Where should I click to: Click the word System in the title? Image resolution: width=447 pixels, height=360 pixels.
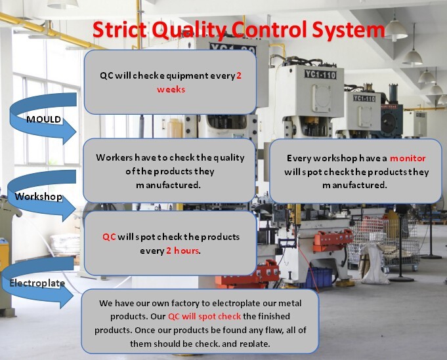(349, 30)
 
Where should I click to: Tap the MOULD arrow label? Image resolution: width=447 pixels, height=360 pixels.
(43, 119)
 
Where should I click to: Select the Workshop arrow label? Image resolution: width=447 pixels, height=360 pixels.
(39, 196)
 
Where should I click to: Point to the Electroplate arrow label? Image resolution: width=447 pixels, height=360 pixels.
(37, 283)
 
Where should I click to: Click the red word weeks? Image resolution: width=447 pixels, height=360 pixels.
(171, 89)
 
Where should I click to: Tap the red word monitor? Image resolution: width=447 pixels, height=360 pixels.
(408, 158)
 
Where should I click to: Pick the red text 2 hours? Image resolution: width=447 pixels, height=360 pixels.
(182, 250)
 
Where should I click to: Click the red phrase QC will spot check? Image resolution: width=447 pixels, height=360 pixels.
(204, 317)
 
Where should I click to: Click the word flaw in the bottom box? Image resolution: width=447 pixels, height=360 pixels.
(268, 330)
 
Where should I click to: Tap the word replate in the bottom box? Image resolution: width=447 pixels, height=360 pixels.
(254, 344)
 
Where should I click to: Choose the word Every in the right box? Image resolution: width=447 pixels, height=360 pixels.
(299, 158)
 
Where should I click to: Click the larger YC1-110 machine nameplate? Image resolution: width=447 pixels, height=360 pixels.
(320, 75)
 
